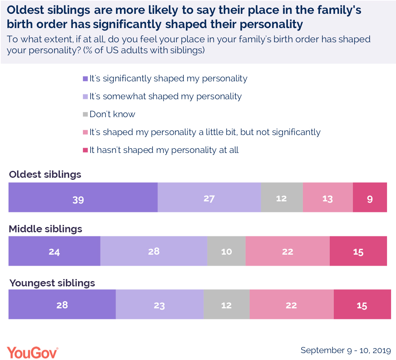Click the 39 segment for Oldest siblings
coord(83,198)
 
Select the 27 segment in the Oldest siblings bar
coord(209,198)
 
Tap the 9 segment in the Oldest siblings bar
coord(370,198)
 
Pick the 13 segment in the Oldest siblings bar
coord(328,198)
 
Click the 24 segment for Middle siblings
coord(54,251)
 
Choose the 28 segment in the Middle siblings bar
coord(154,251)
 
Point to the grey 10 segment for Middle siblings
coord(226,251)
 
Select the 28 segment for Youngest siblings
coord(62,304)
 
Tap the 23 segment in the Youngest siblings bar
coord(159,304)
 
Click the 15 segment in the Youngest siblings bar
coord(362,304)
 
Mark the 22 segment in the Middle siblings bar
coord(287,251)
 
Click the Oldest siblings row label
coord(45,175)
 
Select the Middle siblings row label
coord(46,229)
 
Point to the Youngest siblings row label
coord(52,283)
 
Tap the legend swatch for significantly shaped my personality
coord(85,79)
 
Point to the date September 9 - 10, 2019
coord(346,350)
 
